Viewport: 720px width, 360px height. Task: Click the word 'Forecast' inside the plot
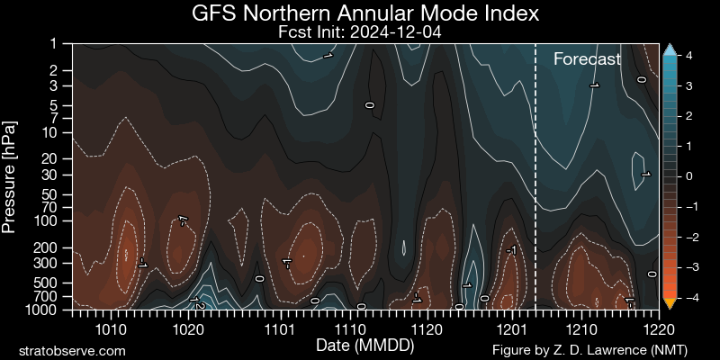pyautogui.click(x=587, y=60)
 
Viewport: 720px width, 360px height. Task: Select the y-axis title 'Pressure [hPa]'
pyautogui.click(x=11, y=175)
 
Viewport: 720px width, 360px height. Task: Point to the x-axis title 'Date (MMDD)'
pyautogui.click(x=359, y=346)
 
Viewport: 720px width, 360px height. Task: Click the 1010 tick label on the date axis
pyautogui.click(x=111, y=328)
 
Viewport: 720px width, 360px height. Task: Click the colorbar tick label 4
pyautogui.click(x=688, y=55)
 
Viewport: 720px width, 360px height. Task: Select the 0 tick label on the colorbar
pyautogui.click(x=688, y=176)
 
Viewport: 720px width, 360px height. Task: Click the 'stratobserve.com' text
pyautogui.click(x=72, y=349)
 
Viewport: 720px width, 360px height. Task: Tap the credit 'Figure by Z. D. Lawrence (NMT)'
pyautogui.click(x=605, y=349)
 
